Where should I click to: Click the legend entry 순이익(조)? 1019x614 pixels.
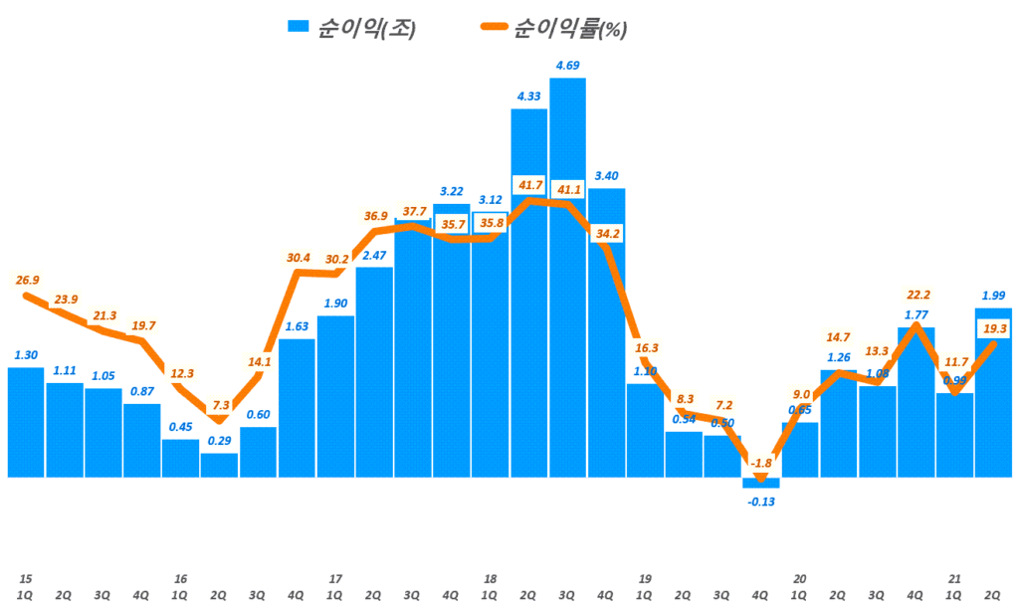pyautogui.click(x=352, y=29)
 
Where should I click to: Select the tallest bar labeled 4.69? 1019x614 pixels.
pyautogui.click(x=567, y=279)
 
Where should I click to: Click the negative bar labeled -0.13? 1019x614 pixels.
pyautogui.click(x=761, y=483)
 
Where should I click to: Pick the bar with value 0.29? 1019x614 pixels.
pyautogui.click(x=219, y=466)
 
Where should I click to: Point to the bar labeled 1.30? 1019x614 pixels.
pyautogui.click(x=26, y=422)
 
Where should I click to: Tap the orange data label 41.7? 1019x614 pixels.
pyautogui.click(x=528, y=185)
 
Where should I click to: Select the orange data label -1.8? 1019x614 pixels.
pyautogui.click(x=761, y=462)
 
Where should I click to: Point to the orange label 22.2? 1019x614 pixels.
pyautogui.click(x=917, y=296)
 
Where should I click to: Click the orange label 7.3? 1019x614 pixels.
pyautogui.click(x=221, y=405)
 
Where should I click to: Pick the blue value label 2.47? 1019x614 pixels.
pyautogui.click(x=374, y=256)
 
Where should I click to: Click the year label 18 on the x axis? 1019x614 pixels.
pyautogui.click(x=490, y=577)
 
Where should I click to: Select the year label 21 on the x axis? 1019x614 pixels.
pyautogui.click(x=954, y=577)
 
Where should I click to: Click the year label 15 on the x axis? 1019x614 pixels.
pyautogui.click(x=25, y=577)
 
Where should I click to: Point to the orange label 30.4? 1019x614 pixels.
pyautogui.click(x=298, y=258)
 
